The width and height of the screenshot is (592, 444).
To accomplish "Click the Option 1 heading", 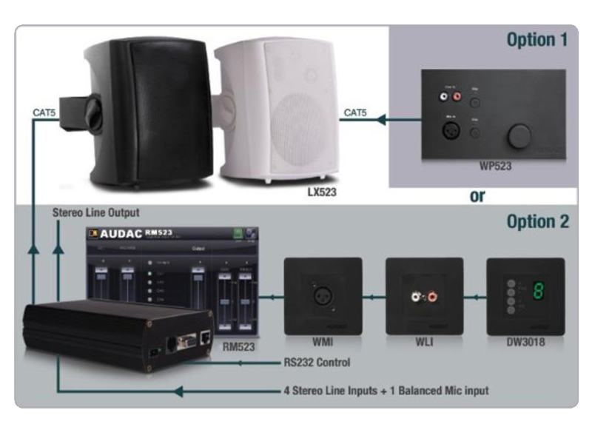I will click(536, 40).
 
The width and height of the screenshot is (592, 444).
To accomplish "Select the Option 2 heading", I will click(537, 221).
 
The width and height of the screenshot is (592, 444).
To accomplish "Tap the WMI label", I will click(323, 343).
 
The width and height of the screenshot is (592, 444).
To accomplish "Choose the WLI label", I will click(425, 343).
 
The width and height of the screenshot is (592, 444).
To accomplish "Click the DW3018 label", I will click(525, 343).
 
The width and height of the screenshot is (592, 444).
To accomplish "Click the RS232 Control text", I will click(317, 363).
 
